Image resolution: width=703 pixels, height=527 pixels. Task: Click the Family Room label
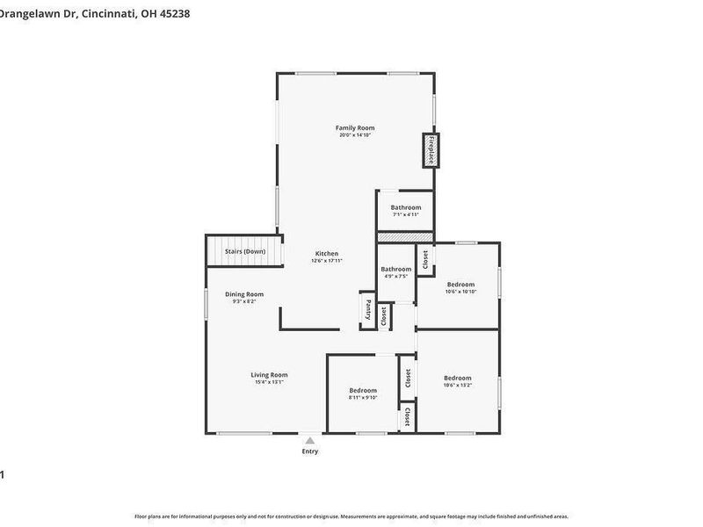356,128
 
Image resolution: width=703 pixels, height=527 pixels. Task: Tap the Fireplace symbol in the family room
431,149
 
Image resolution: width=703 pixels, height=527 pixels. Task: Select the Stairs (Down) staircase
245,251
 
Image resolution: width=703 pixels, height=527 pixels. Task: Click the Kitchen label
327,254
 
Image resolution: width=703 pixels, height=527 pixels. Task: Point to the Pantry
368,310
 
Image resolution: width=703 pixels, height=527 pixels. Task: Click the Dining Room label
243,294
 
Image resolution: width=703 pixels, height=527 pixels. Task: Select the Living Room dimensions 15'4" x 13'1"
269,382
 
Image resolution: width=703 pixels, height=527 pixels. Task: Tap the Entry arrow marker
309,441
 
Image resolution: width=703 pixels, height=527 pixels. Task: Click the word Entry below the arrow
309,451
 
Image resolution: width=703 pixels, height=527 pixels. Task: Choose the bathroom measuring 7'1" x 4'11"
405,211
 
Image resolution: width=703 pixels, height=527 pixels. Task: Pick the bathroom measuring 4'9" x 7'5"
395,272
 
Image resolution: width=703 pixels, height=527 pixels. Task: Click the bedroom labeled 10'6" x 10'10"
460,287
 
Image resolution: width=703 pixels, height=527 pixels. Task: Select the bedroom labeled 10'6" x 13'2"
457,381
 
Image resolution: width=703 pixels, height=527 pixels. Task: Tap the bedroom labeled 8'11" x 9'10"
362,393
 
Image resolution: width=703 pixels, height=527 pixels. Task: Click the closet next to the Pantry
384,316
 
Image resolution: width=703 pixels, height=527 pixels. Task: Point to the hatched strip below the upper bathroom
405,237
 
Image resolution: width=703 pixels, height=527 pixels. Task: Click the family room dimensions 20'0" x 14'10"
356,135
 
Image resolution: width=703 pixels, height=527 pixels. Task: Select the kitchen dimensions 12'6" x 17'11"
327,261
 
